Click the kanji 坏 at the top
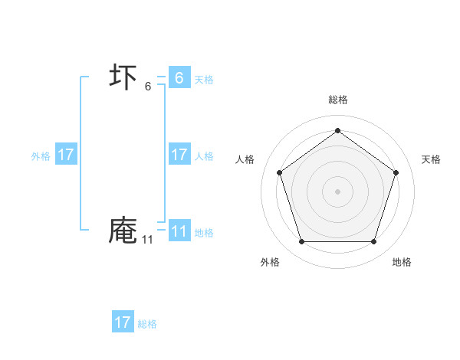[123, 77]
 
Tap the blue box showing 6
[179, 77]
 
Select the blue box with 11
[179, 231]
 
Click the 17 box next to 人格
[179, 155]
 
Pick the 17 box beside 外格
[66, 155]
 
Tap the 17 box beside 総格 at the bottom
[123, 322]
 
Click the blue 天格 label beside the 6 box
[204, 79]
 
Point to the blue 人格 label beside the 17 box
[204, 156]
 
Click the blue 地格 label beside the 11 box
[204, 233]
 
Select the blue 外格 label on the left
[41, 156]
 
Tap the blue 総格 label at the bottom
[147, 324]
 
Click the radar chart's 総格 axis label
[338, 100]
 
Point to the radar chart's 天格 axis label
[432, 159]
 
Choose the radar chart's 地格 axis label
[402, 262]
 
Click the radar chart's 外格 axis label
[270, 262]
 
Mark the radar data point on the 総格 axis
[337, 130]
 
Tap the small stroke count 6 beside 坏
[148, 87]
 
